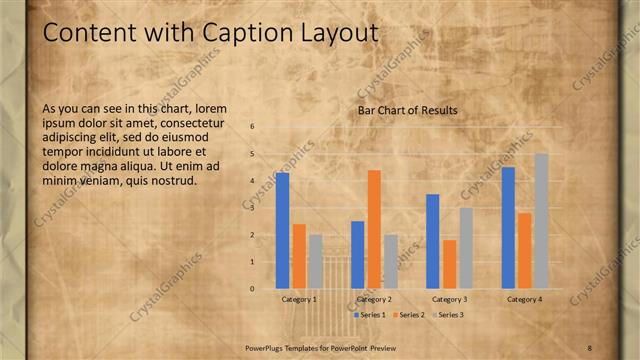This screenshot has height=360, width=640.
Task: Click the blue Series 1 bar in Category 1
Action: (x=283, y=230)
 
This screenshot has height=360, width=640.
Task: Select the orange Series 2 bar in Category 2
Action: (x=374, y=229)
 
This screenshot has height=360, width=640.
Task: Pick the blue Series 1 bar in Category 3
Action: (x=433, y=241)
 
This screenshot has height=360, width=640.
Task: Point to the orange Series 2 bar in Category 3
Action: (x=450, y=264)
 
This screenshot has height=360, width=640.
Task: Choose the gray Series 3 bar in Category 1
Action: (x=316, y=261)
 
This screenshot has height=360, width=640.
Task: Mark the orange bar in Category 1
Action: (x=299, y=256)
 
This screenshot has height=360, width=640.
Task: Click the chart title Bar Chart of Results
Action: (x=407, y=110)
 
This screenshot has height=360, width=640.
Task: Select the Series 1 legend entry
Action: (x=370, y=314)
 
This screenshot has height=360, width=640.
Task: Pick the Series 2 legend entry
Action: (x=408, y=314)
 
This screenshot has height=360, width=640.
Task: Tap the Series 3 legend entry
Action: (x=446, y=314)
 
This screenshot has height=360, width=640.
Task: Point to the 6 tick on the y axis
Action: (x=253, y=127)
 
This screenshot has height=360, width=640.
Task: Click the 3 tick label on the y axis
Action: (x=253, y=208)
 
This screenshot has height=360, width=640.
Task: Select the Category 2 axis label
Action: (x=374, y=299)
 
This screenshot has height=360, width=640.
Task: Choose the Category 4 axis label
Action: (x=525, y=299)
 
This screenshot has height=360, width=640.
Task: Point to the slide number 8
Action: (x=590, y=347)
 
